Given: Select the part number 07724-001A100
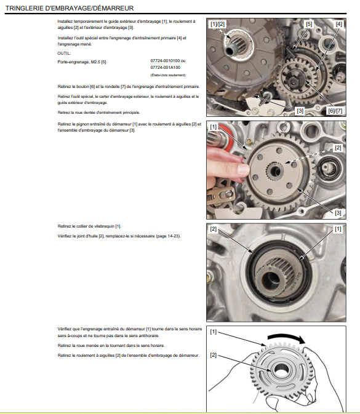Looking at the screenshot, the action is pyautogui.click(x=166, y=68).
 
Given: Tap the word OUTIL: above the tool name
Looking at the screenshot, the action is pyautogui.click(x=64, y=54).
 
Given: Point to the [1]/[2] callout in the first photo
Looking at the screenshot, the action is pyautogui.click(x=217, y=24).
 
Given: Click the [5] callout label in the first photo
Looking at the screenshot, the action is pyautogui.click(x=309, y=24).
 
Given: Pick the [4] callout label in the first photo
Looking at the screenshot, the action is pyautogui.click(x=338, y=24).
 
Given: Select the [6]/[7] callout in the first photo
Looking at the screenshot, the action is pyautogui.click(x=335, y=111).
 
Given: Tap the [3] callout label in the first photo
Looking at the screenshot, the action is pyautogui.click(x=300, y=111).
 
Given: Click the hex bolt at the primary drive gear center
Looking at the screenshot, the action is pyautogui.click(x=294, y=80).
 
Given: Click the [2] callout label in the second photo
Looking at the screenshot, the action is pyautogui.click(x=338, y=148).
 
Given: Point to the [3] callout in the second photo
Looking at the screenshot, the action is pyautogui.click(x=338, y=213).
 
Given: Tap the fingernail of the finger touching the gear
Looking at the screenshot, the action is pyautogui.click(x=243, y=169).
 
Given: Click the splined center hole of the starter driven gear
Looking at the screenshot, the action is pyautogui.click(x=275, y=171).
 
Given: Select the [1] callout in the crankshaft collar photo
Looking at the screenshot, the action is pyautogui.click(x=338, y=229).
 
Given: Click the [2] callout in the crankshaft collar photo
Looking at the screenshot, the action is pyautogui.click(x=213, y=229).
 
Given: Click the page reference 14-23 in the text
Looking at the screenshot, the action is pyautogui.click(x=174, y=236).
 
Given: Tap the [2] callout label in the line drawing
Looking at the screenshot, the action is pyautogui.click(x=213, y=355).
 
